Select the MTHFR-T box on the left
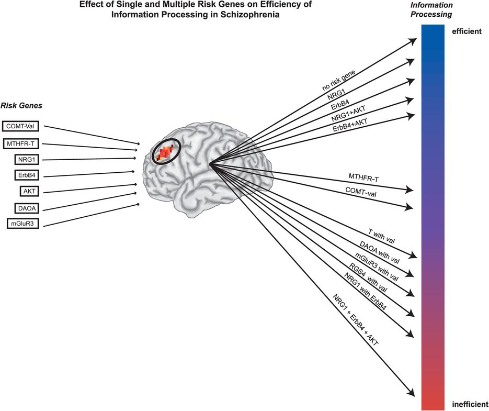21,143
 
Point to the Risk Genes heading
21,106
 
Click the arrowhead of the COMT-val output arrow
413,207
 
